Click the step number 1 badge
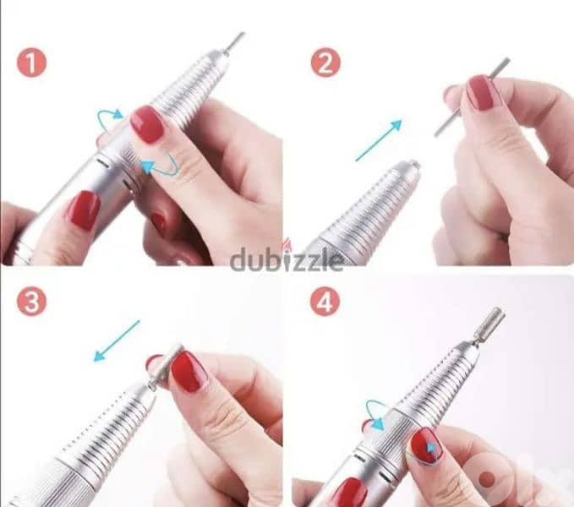pos(31,63)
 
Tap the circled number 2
pos(325,63)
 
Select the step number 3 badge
pos(31,302)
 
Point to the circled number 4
pos(325,302)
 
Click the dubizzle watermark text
pos(287,259)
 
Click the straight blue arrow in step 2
pos(378,140)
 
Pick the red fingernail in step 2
pos(483,92)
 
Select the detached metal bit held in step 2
pos(473,97)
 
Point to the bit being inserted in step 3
pos(164,363)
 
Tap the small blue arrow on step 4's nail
pos(432,448)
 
